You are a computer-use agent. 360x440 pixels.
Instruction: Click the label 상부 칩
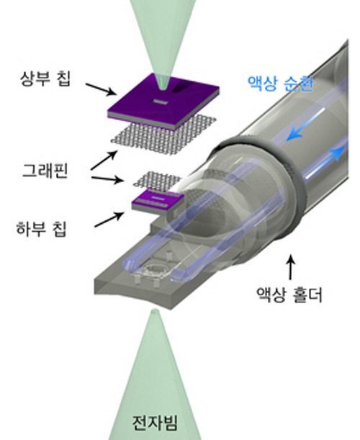tap(45, 78)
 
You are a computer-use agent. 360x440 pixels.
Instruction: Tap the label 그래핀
tap(45, 171)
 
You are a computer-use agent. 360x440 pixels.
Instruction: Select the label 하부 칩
tap(42, 229)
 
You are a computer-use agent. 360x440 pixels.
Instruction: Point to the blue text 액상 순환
tap(280, 83)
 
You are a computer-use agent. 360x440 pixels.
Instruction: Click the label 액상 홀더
tap(289, 295)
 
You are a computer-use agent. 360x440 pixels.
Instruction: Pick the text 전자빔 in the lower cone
tap(155, 423)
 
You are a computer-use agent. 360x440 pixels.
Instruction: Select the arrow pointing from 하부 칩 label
tap(109, 219)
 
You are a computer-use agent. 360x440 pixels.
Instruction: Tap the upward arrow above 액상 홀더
tap(290, 267)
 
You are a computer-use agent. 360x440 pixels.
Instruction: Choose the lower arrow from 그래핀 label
tap(107, 179)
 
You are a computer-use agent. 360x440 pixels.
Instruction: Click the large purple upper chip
tap(163, 102)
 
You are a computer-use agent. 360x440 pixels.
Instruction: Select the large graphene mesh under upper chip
tap(163, 135)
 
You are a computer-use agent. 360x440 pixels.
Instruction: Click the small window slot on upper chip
tap(159, 102)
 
